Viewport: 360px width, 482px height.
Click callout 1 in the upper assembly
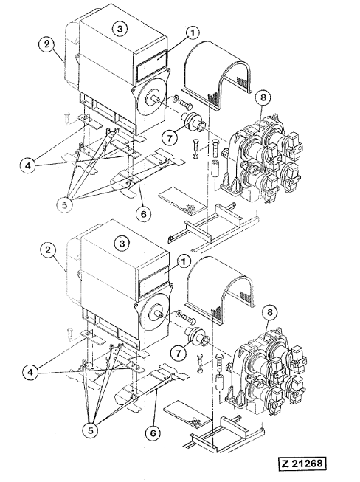[x=193, y=33]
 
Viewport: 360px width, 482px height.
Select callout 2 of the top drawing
[x=46, y=44]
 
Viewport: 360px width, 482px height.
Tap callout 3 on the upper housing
[x=120, y=29]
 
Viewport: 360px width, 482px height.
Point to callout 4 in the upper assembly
[x=28, y=166]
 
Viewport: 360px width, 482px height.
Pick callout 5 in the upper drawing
[x=64, y=205]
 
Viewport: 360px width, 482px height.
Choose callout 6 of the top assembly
[x=143, y=213]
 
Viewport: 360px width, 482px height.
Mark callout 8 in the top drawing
[x=263, y=98]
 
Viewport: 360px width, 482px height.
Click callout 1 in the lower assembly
[x=184, y=262]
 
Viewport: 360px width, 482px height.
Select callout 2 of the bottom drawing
[x=48, y=249]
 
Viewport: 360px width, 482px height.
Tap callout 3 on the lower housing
[x=122, y=244]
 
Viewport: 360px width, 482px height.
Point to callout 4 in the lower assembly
[x=30, y=373]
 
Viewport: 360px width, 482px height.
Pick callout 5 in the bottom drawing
[x=90, y=430]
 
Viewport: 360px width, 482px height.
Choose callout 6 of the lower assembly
[x=153, y=433]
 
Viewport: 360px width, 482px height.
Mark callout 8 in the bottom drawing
[x=270, y=313]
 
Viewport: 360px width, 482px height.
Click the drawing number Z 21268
[x=302, y=464]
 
